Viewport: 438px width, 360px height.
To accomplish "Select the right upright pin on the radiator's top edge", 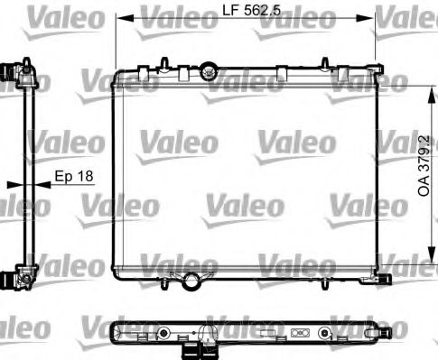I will pos(325,63).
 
